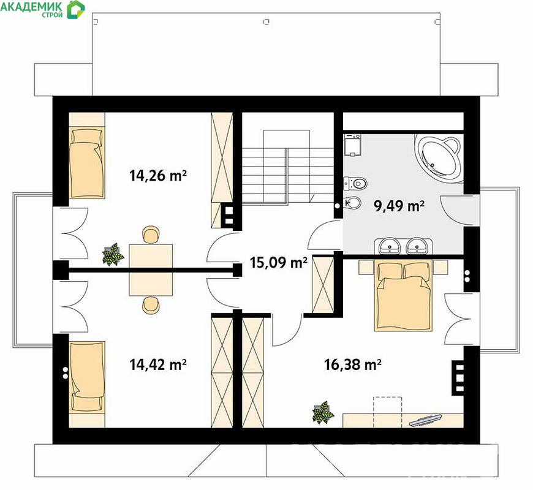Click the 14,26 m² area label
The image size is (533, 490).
pyautogui.click(x=157, y=176)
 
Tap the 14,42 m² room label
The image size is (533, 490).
pyautogui.click(x=157, y=364)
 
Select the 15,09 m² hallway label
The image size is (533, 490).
pyautogui.click(x=278, y=262)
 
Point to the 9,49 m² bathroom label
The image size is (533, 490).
pyautogui.click(x=399, y=206)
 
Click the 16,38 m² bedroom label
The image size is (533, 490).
pyautogui.click(x=352, y=364)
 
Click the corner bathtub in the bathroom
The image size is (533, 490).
pyautogui.click(x=438, y=157)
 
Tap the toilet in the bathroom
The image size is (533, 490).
pyautogui.click(x=355, y=184)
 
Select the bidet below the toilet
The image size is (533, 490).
pyautogui.click(x=352, y=203)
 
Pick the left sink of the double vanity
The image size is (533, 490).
pyautogui.click(x=388, y=246)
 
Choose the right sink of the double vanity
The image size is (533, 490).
pyautogui.click(x=417, y=246)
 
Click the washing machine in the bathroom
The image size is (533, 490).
pyautogui.click(x=352, y=145)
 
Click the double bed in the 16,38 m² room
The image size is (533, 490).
pyautogui.click(x=403, y=296)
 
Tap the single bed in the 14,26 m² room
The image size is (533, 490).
pyautogui.click(x=86, y=162)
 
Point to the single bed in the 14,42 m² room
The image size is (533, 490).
pyautogui.click(x=86, y=377)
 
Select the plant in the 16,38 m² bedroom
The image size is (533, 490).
pyautogui.click(x=323, y=412)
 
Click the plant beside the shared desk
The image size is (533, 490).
pyautogui.click(x=113, y=254)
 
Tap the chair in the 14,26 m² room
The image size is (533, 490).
pyautogui.click(x=150, y=235)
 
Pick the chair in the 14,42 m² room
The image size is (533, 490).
pyautogui.click(x=150, y=304)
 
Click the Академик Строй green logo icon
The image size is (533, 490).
pyautogui.click(x=75, y=10)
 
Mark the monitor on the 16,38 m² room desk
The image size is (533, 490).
pyautogui.click(x=425, y=420)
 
